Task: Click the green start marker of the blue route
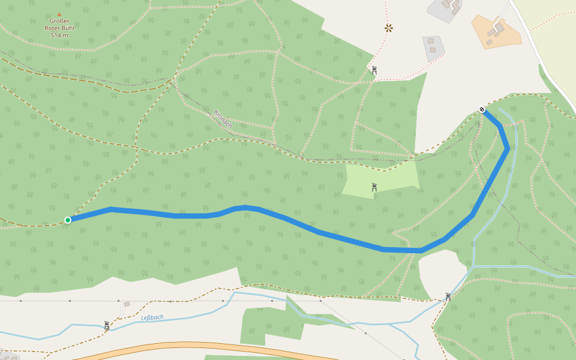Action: (68, 220)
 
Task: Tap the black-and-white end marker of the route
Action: (482, 110)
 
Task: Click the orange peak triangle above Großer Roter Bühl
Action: (59, 14)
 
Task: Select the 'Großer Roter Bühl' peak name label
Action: (59, 25)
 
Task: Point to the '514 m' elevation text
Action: (59, 35)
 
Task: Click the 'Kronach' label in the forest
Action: (223, 119)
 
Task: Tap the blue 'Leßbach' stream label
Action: (152, 317)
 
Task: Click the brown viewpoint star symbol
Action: (389, 28)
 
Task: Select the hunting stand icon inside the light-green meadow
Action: (374, 187)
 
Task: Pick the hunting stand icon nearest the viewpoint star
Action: (374, 70)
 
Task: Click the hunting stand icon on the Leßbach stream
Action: (106, 325)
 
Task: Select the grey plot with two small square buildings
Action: (434, 47)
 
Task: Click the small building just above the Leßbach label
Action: (127, 304)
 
